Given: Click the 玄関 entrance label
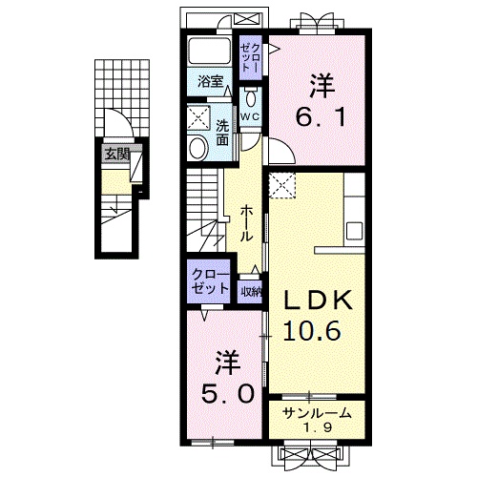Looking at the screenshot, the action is tap(117, 155).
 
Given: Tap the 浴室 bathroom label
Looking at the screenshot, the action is tap(210, 82).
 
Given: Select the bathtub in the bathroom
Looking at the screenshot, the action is tap(209, 52).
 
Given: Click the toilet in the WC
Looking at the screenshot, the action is tap(251, 98).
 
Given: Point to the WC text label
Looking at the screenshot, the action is tap(250, 117).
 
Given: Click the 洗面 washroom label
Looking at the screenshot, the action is tap(222, 133).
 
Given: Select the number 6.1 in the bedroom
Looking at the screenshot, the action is tap(321, 116).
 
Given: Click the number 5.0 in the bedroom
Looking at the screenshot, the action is tap(228, 393).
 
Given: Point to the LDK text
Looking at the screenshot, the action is tap(318, 300).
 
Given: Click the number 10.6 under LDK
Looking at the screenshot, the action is tap(312, 330).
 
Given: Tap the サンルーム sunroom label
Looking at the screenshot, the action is tap(317, 413).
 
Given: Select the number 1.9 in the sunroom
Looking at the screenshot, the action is tap(318, 427).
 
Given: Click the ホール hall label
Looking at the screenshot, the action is tap(246, 222).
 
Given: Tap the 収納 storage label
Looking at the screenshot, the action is tap(251, 292).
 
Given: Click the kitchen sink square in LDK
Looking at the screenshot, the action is tap(354, 231).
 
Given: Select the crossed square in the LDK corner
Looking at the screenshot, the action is tap(282, 185).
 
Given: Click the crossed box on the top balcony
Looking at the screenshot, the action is tap(247, 18).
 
